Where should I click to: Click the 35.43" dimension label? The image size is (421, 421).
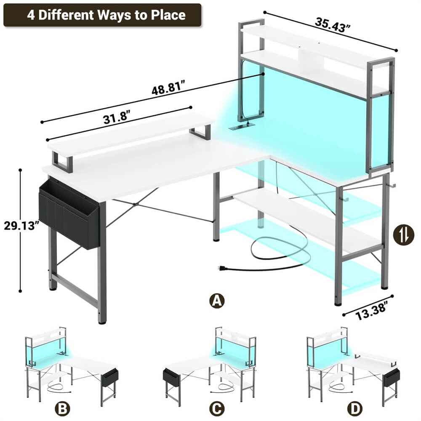click(x=333, y=26)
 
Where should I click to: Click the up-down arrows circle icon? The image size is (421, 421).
click(x=400, y=235)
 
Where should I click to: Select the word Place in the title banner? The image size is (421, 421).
click(x=169, y=15)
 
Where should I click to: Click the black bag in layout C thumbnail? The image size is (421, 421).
click(x=171, y=376)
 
